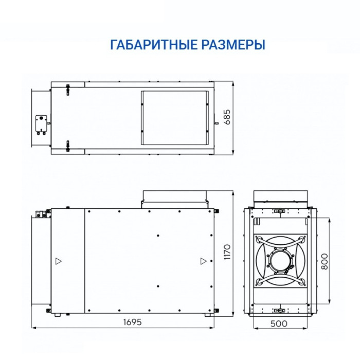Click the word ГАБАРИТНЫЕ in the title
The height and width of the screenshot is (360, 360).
click(x=152, y=45)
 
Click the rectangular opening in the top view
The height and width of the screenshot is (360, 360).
click(x=175, y=117)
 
